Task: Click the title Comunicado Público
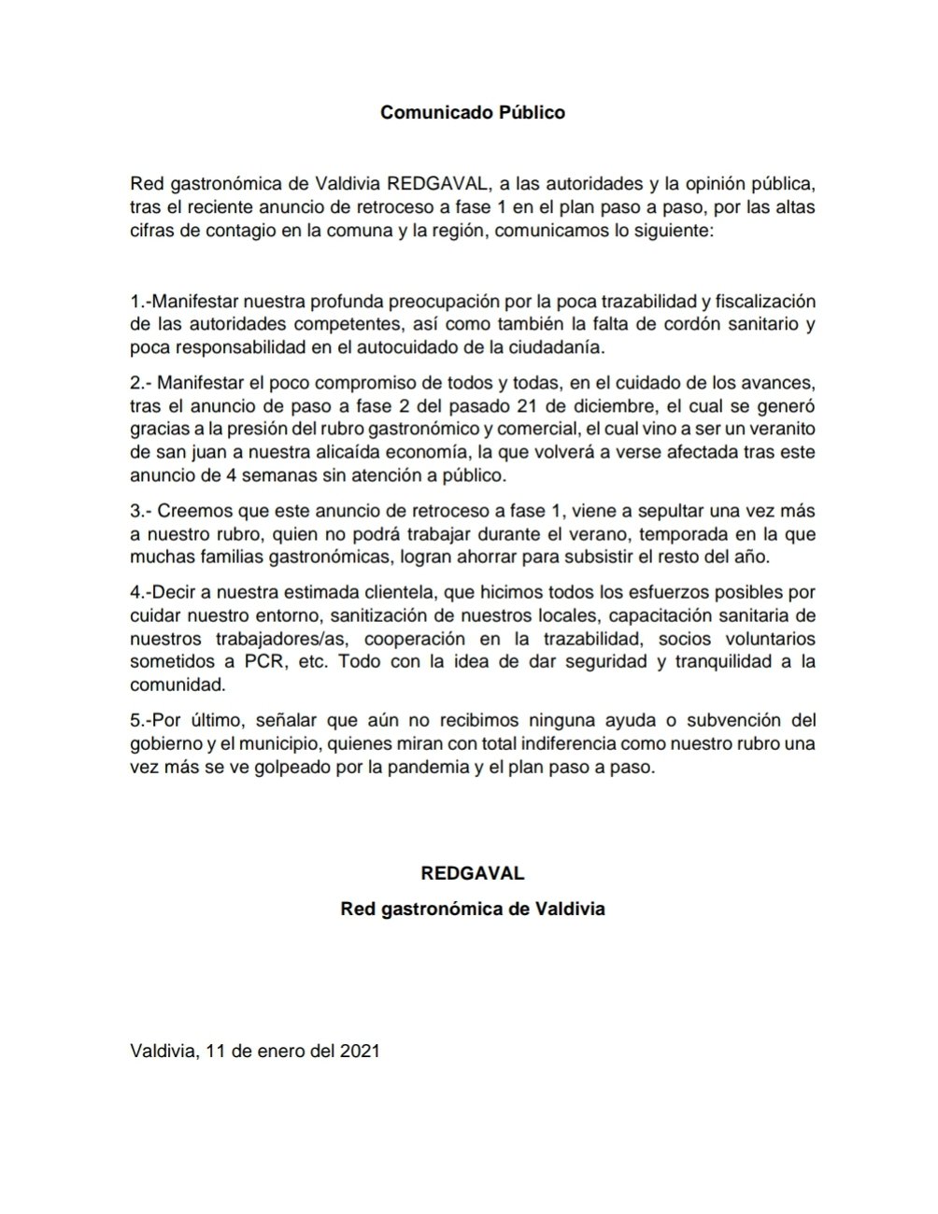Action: (473, 113)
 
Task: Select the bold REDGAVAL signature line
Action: (473, 874)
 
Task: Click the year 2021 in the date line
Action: (359, 1051)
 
